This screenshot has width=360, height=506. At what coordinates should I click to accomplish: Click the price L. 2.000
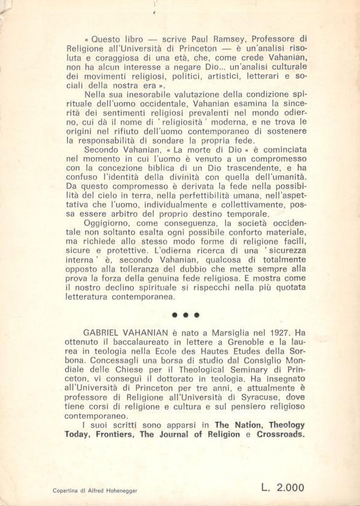pos(282,488)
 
